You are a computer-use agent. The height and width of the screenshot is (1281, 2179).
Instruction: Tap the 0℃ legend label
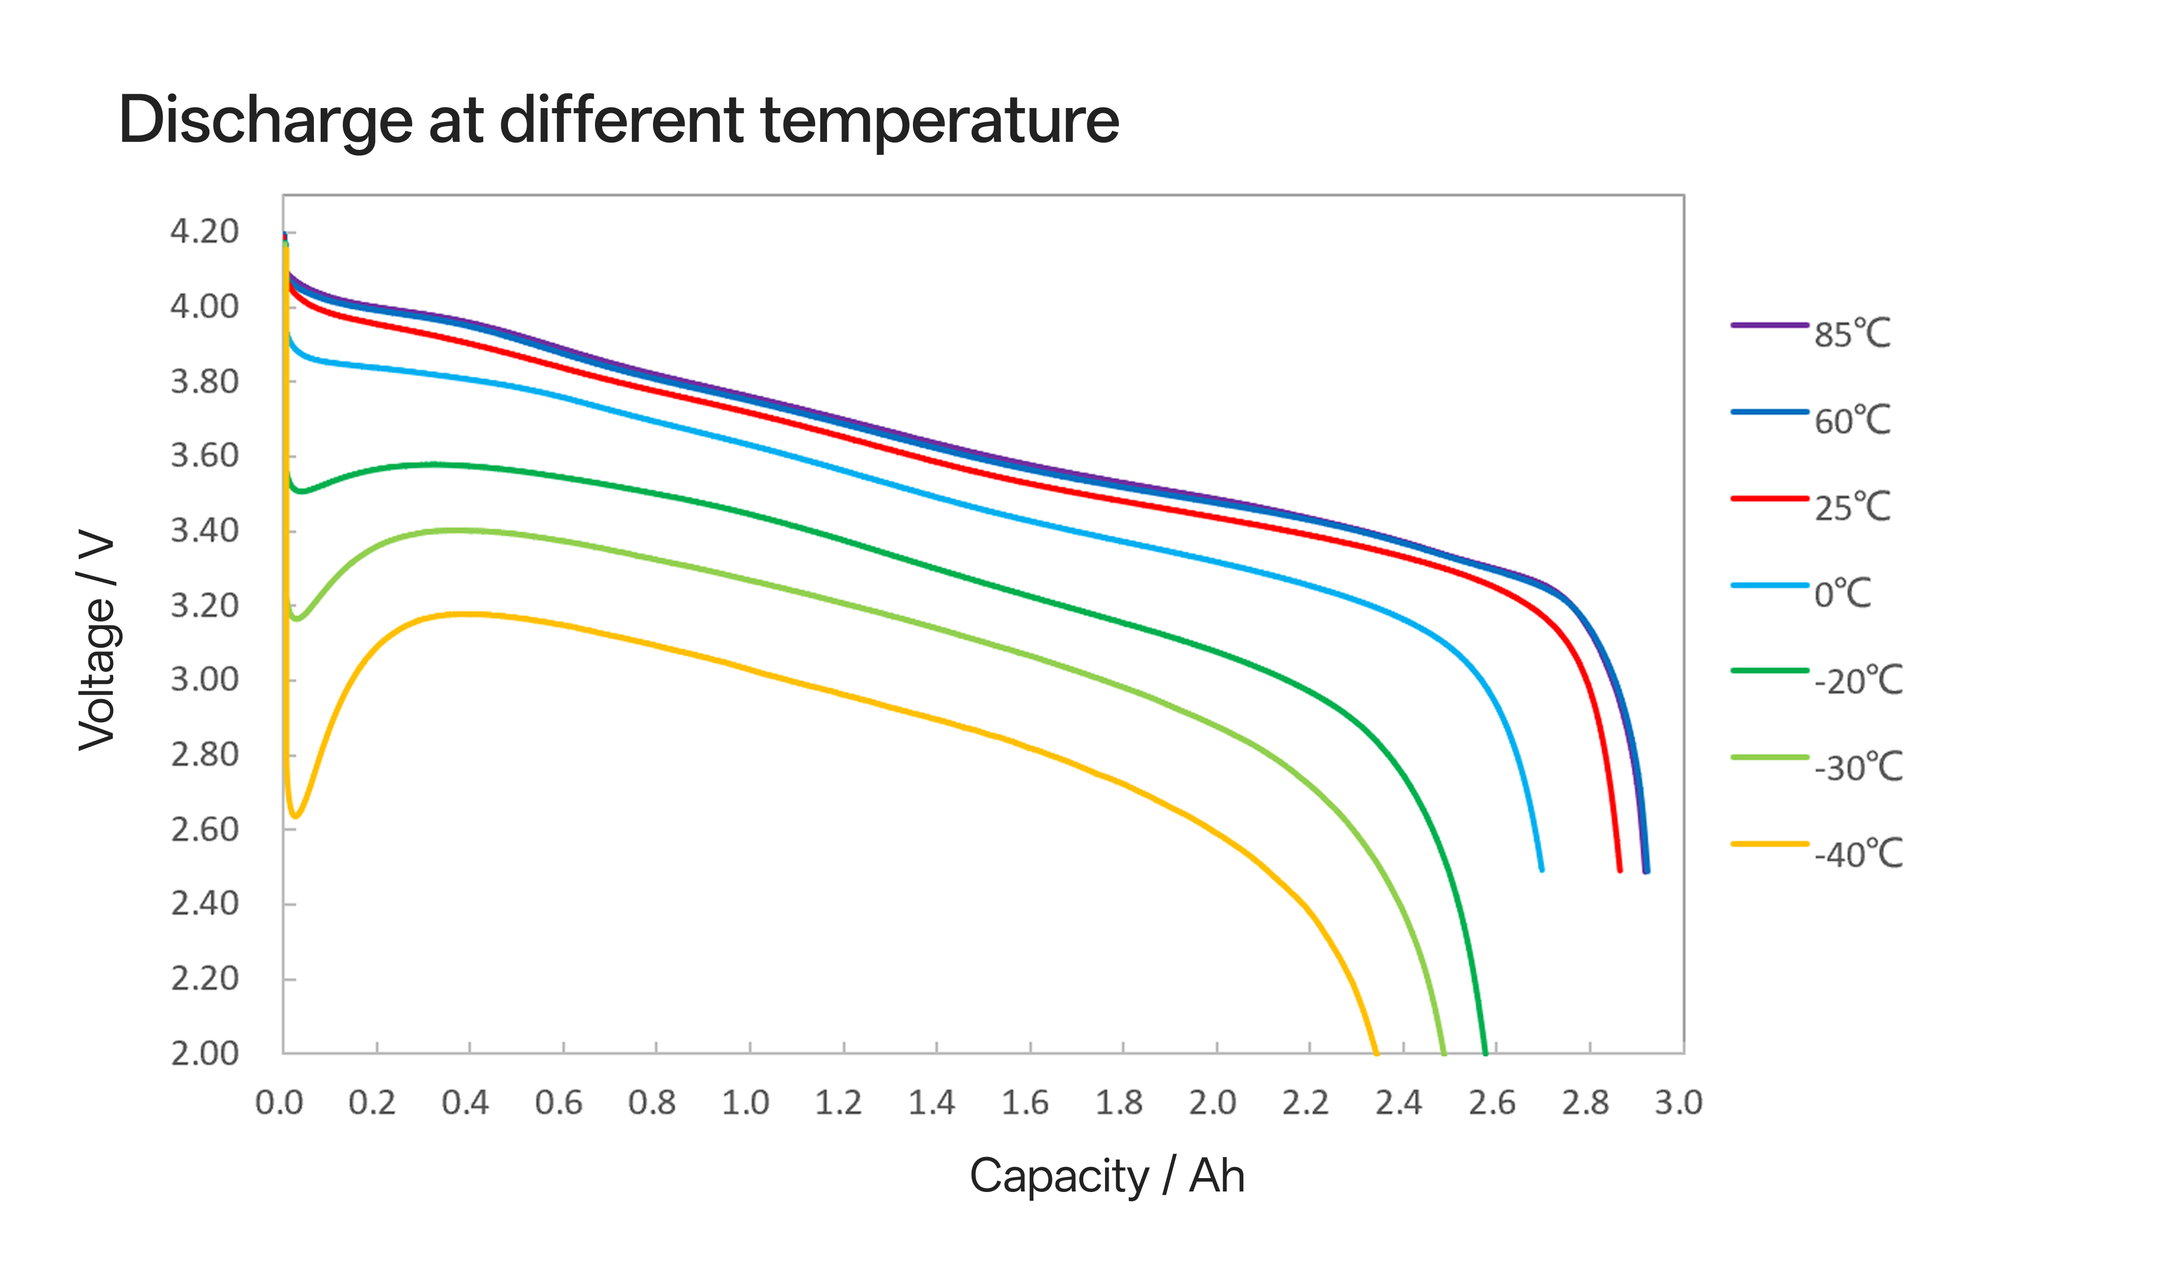pos(1842,594)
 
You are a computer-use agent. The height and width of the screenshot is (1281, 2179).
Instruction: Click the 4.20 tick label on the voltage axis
pos(204,232)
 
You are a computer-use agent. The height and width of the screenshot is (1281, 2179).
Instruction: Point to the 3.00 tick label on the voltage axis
pos(204,680)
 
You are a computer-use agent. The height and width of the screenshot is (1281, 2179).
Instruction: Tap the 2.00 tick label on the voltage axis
pos(204,1054)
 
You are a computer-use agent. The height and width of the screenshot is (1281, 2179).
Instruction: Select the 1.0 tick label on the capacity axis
pos(745,1103)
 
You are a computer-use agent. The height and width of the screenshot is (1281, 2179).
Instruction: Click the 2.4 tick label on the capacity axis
pos(1398,1103)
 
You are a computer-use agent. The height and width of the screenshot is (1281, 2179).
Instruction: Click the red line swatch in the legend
pos(1769,499)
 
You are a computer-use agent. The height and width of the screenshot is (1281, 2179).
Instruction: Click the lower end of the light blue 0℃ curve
pos(1542,869)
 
